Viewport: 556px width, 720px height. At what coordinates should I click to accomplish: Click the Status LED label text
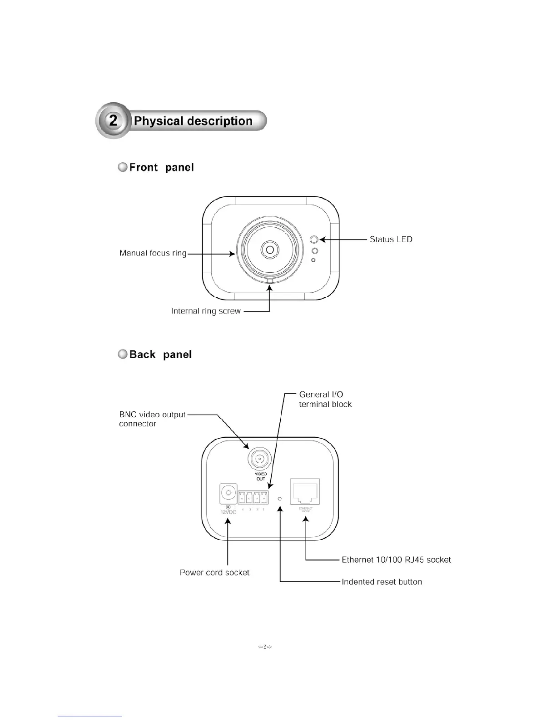tap(391, 239)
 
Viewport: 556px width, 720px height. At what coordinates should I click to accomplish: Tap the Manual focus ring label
tap(153, 253)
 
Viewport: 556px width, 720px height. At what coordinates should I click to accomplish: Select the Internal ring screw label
tap(206, 311)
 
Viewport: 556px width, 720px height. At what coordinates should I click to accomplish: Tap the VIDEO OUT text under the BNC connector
tap(261, 476)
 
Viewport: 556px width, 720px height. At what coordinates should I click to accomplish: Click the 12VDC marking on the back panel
tap(228, 512)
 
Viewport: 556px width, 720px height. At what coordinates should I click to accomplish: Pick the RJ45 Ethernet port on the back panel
tap(305, 491)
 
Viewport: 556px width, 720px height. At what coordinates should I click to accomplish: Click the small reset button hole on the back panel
tap(280, 499)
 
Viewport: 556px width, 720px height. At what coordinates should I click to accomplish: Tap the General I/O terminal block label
tap(325, 400)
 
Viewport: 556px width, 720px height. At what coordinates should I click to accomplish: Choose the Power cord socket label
tap(214, 573)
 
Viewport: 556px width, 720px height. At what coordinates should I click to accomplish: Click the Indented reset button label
tap(382, 582)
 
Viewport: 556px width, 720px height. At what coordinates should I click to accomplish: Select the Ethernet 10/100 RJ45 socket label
tap(396, 560)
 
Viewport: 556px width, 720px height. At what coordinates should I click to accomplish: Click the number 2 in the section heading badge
tap(113, 120)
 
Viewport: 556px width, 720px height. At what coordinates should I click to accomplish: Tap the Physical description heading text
tap(194, 121)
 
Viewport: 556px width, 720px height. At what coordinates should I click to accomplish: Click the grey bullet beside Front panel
tap(123, 167)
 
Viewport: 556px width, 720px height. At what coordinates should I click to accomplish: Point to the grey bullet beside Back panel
tap(123, 355)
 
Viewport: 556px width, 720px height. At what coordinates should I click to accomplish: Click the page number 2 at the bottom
tap(265, 647)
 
